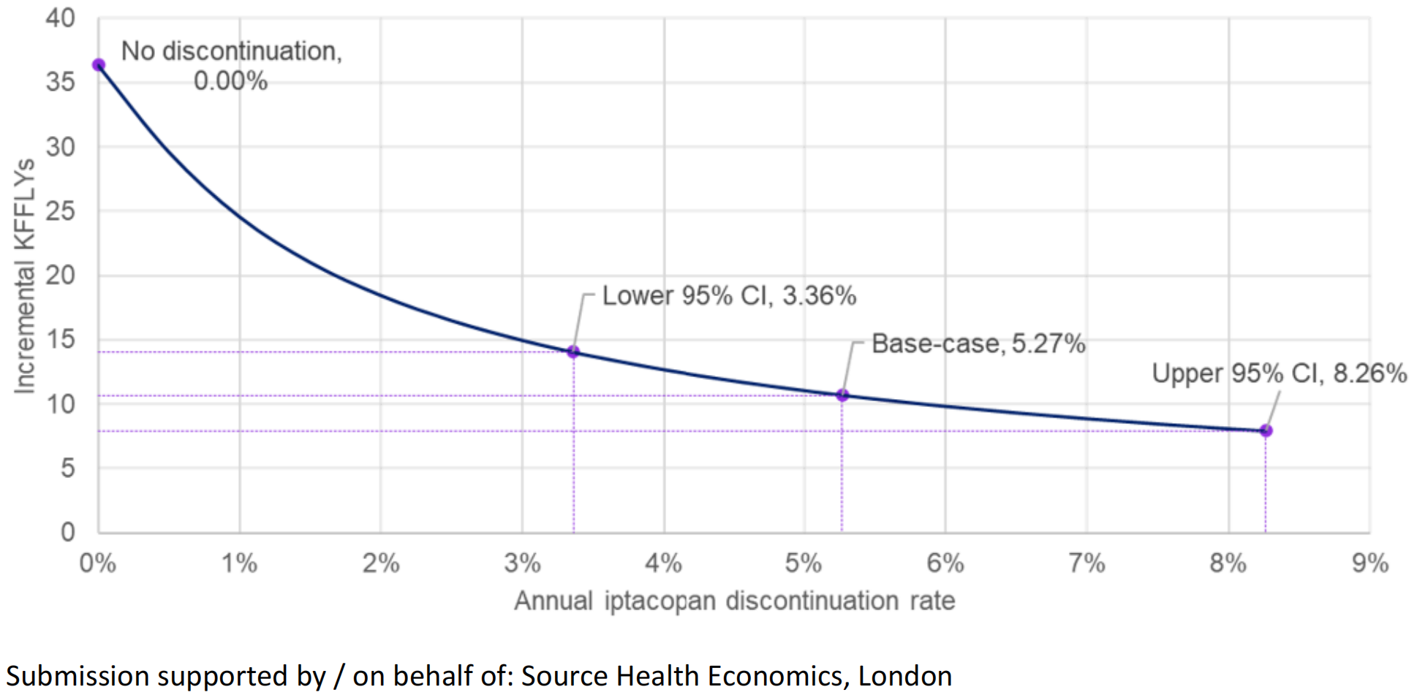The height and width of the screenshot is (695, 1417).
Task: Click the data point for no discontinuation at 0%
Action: tap(99, 65)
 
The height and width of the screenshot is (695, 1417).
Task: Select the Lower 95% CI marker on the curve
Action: tap(573, 352)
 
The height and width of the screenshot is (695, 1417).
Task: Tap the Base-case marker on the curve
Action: tap(842, 395)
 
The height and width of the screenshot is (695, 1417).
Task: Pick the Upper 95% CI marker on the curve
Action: tap(1266, 431)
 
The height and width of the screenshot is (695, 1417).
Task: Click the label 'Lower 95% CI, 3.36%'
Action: tap(728, 296)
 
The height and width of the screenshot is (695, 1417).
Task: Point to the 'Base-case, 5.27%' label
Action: tap(978, 343)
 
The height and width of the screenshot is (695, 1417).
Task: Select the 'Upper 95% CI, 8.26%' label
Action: tap(1279, 373)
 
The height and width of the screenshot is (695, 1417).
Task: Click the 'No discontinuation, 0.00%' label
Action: tap(231, 65)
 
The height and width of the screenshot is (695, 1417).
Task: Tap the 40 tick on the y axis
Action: tap(60, 18)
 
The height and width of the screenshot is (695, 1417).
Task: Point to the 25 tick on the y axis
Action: tap(60, 211)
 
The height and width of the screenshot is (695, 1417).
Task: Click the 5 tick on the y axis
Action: tap(67, 468)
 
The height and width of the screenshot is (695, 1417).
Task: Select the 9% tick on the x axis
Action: tap(1369, 563)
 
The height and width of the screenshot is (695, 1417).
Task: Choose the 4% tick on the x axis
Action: tap(663, 563)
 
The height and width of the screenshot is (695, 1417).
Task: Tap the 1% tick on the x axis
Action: tap(239, 563)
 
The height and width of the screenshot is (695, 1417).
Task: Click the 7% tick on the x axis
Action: tap(1087, 563)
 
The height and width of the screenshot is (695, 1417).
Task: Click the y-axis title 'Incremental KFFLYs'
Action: tap(25, 276)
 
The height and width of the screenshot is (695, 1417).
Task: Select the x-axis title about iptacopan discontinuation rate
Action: tap(734, 601)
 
